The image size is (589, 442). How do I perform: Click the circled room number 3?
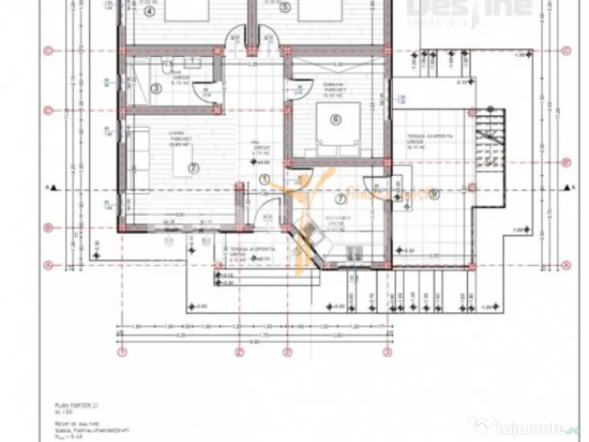(x=155, y=88)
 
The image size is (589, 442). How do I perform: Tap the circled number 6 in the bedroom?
(x=336, y=120)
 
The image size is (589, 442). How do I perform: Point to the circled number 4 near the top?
(x=150, y=11)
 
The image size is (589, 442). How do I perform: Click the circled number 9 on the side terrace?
(x=434, y=194)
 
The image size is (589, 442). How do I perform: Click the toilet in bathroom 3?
(x=166, y=68)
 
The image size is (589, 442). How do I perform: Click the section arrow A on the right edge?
(x=568, y=187)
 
